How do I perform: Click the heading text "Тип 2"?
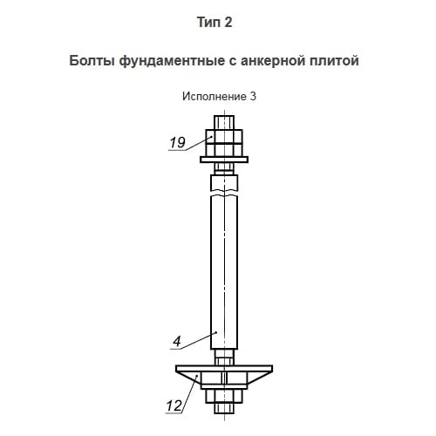[215, 23]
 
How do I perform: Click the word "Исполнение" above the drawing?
[214, 97]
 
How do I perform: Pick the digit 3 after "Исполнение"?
[253, 97]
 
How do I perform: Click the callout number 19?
[177, 142]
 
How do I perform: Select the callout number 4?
[177, 341]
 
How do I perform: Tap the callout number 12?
[174, 405]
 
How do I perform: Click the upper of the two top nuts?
[224, 136]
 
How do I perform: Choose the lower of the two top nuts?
[224, 150]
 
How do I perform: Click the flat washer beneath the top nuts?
[224, 160]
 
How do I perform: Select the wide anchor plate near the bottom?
[224, 369]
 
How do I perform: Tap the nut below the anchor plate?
[224, 396]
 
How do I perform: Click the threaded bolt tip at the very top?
[224, 123]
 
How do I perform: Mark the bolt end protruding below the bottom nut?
[224, 408]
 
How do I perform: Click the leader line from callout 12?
[189, 393]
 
